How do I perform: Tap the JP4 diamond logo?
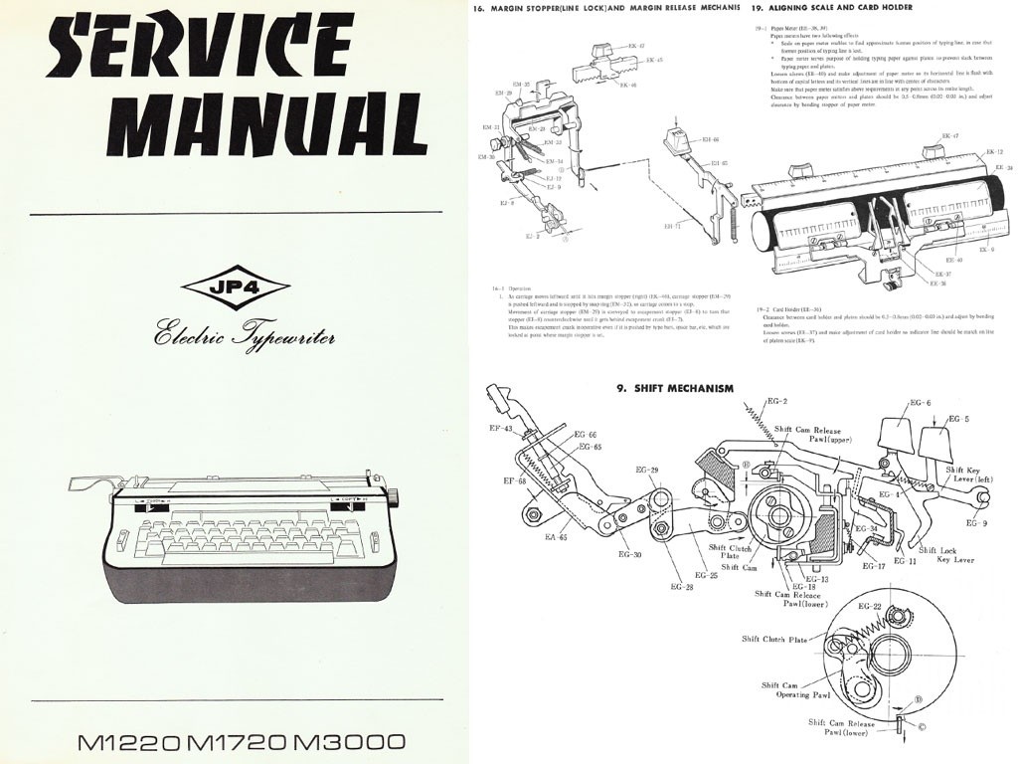tap(235, 288)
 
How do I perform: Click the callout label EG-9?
tap(977, 522)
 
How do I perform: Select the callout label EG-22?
tap(870, 606)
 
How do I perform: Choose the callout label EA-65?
tap(554, 538)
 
